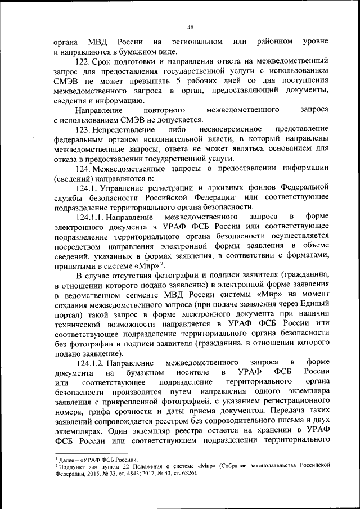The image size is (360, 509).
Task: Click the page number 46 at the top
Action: pyautogui.click(x=190, y=27)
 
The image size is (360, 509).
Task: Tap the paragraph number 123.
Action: pyautogui.click(x=84, y=130)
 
